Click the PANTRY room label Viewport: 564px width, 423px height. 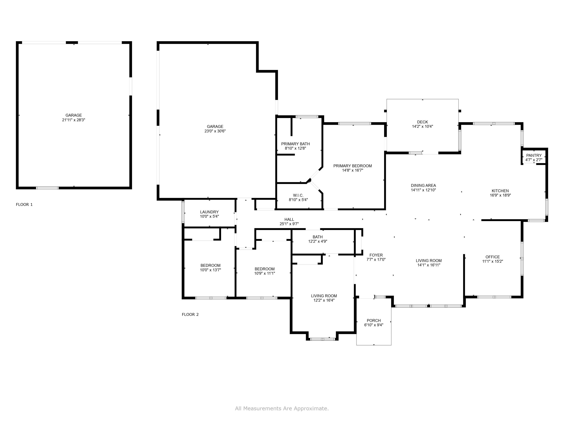pos(534,155)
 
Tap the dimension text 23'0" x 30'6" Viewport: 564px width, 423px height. pos(215,131)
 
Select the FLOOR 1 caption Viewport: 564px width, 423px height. pos(24,205)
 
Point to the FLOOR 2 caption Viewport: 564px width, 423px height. pos(190,314)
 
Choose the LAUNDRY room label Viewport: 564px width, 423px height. pos(209,212)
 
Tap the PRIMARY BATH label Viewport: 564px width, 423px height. pos(295,144)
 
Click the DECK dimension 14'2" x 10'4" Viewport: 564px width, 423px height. pos(422,126)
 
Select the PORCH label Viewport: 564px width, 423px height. pos(374,321)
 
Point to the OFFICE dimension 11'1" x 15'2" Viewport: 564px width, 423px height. pos(492,261)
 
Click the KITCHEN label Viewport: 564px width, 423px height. pos(500,191)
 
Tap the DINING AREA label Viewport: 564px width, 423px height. pos(423,185)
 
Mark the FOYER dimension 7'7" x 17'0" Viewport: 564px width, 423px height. pos(376,260)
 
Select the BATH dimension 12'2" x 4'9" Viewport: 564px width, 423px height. pos(318,241)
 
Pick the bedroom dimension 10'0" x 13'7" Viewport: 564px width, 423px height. pos(210,270)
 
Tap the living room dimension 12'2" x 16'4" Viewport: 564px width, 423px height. pos(324,300)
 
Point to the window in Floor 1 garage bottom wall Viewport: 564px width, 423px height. pos(47,188)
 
